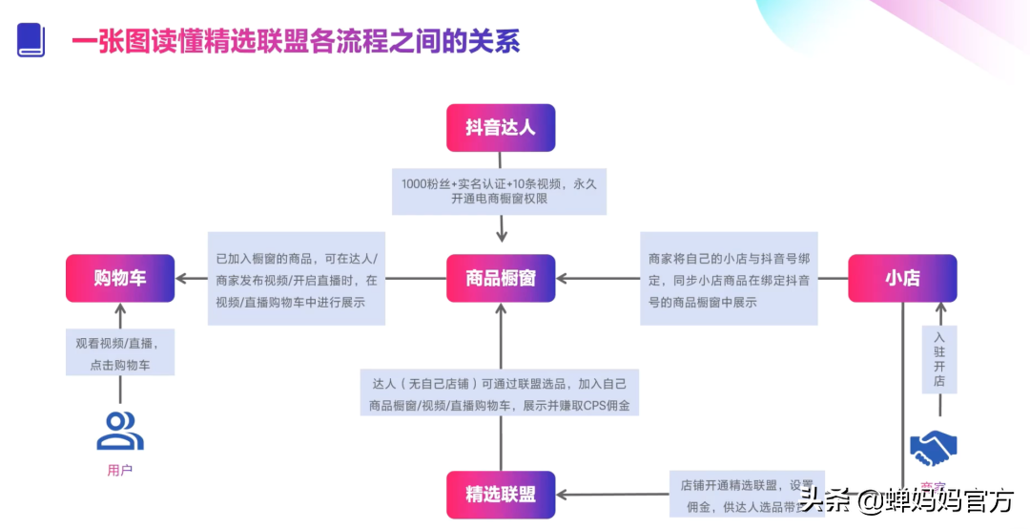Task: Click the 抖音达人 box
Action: pos(500,128)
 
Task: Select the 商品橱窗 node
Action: pos(500,278)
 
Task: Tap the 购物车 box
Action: pos(120,278)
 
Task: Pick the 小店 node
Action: pos(902,278)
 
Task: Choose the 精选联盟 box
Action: pos(500,495)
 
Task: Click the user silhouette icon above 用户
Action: pos(120,431)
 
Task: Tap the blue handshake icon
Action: pos(934,446)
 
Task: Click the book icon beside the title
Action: pos(31,39)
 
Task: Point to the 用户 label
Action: pos(120,470)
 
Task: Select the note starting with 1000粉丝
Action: pos(500,191)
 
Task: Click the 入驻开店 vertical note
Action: pos(939,358)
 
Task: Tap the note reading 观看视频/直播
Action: pos(120,352)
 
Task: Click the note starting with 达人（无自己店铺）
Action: pos(500,393)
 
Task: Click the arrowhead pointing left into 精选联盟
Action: pos(563,495)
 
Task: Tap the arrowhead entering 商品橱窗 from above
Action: pos(502,236)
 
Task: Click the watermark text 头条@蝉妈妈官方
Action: pos(905,499)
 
